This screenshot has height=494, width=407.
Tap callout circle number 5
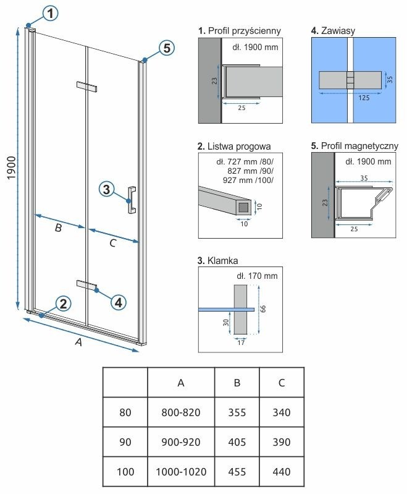[x=165, y=48]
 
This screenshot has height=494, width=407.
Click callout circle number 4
[x=119, y=302]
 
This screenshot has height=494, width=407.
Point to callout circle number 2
[x=62, y=303]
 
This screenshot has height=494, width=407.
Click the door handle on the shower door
[x=132, y=200]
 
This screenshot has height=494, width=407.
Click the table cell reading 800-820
[x=181, y=412]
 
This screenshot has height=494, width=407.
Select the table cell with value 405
[x=237, y=442]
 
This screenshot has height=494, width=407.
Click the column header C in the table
[x=281, y=383]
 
